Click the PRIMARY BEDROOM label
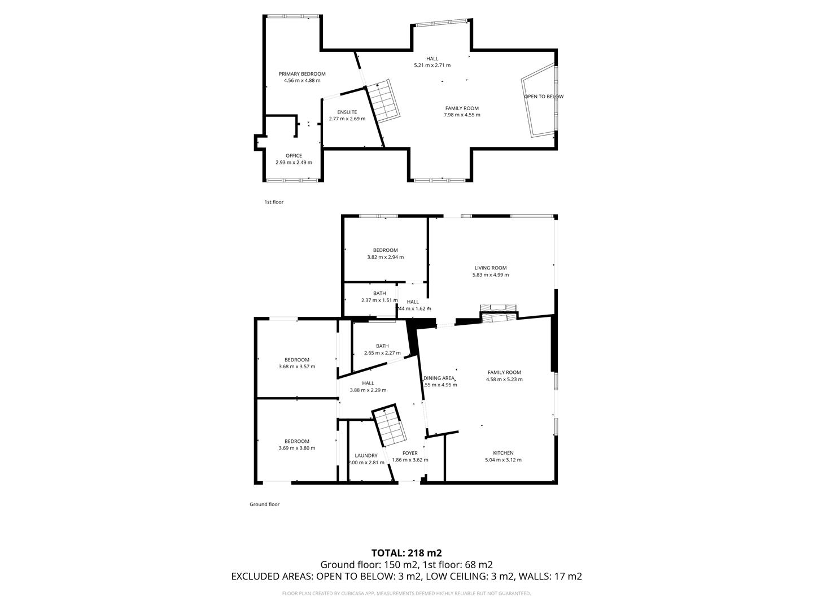[x=302, y=74]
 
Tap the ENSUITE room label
[x=347, y=112]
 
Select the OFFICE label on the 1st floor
[x=294, y=156]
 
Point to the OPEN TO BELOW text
[x=543, y=97]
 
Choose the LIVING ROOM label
[x=490, y=268]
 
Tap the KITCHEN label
[x=503, y=453]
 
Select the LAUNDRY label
[x=366, y=456]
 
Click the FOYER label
[x=410, y=453]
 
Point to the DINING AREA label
[x=439, y=378]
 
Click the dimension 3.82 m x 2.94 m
[x=385, y=257]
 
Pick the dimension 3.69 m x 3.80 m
[x=296, y=448]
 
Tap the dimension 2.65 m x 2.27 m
[x=382, y=353]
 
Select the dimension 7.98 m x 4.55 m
[x=462, y=115]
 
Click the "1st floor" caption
[x=274, y=202]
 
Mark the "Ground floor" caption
[x=264, y=504]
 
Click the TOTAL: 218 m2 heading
[x=406, y=553]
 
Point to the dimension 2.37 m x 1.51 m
[x=379, y=300]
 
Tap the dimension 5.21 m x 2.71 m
[x=432, y=66]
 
